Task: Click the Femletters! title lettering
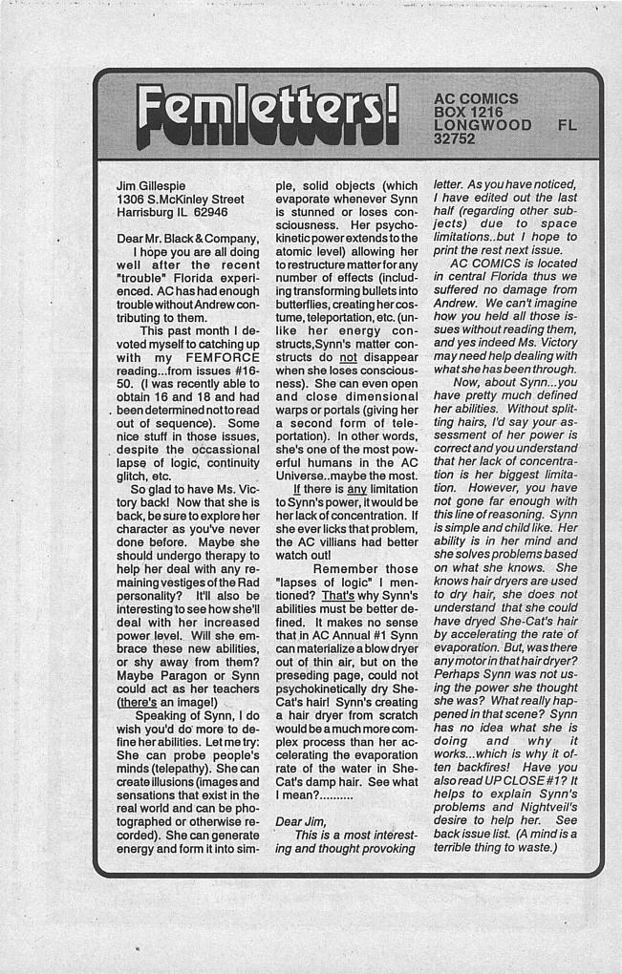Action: point(266,116)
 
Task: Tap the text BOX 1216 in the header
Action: point(468,112)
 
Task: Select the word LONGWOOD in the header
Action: point(483,125)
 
